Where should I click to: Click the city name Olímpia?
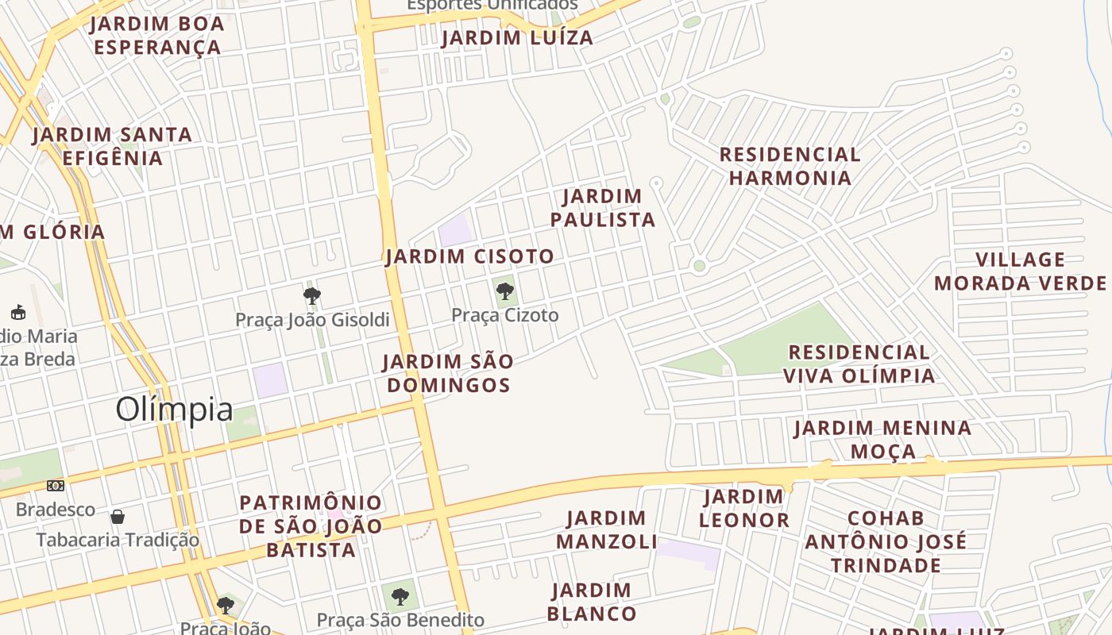tap(174, 410)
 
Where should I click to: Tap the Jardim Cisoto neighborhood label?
tap(469, 257)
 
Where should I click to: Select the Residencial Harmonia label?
tap(790, 166)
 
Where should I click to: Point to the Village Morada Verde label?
tap(1020, 271)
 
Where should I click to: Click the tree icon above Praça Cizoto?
tap(504, 291)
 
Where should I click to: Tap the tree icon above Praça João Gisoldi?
tap(312, 297)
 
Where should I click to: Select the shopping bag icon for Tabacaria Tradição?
tap(118, 518)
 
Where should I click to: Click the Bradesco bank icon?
tap(56, 486)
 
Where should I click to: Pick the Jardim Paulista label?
tap(603, 208)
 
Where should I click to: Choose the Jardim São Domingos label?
tap(447, 373)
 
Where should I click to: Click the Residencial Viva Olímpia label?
tap(859, 364)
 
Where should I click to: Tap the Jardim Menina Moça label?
tap(882, 440)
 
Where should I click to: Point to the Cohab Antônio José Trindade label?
tap(886, 541)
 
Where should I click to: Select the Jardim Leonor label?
tap(744, 509)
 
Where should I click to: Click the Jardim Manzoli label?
tap(607, 530)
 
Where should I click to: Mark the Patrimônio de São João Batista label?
tap(311, 526)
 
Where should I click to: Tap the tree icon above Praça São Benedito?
tap(400, 596)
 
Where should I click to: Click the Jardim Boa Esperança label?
tap(157, 36)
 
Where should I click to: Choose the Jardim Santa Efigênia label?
tap(112, 146)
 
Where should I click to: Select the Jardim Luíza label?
tap(517, 38)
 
